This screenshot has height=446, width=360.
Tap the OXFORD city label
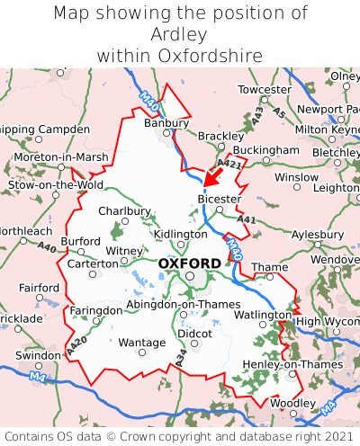coord(189,263)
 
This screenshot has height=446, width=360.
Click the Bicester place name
coord(219,199)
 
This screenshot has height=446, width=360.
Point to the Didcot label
coord(194,333)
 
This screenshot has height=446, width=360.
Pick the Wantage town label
coord(142,343)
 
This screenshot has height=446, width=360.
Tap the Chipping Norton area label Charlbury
coord(124,211)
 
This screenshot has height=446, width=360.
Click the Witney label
coord(124,251)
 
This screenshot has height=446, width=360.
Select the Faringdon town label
coord(96,310)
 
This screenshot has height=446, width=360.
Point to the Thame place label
coord(269,267)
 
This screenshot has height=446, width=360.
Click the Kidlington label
coord(180,234)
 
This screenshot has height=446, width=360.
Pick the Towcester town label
coord(265,90)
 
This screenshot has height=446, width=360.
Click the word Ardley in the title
coord(180,35)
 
